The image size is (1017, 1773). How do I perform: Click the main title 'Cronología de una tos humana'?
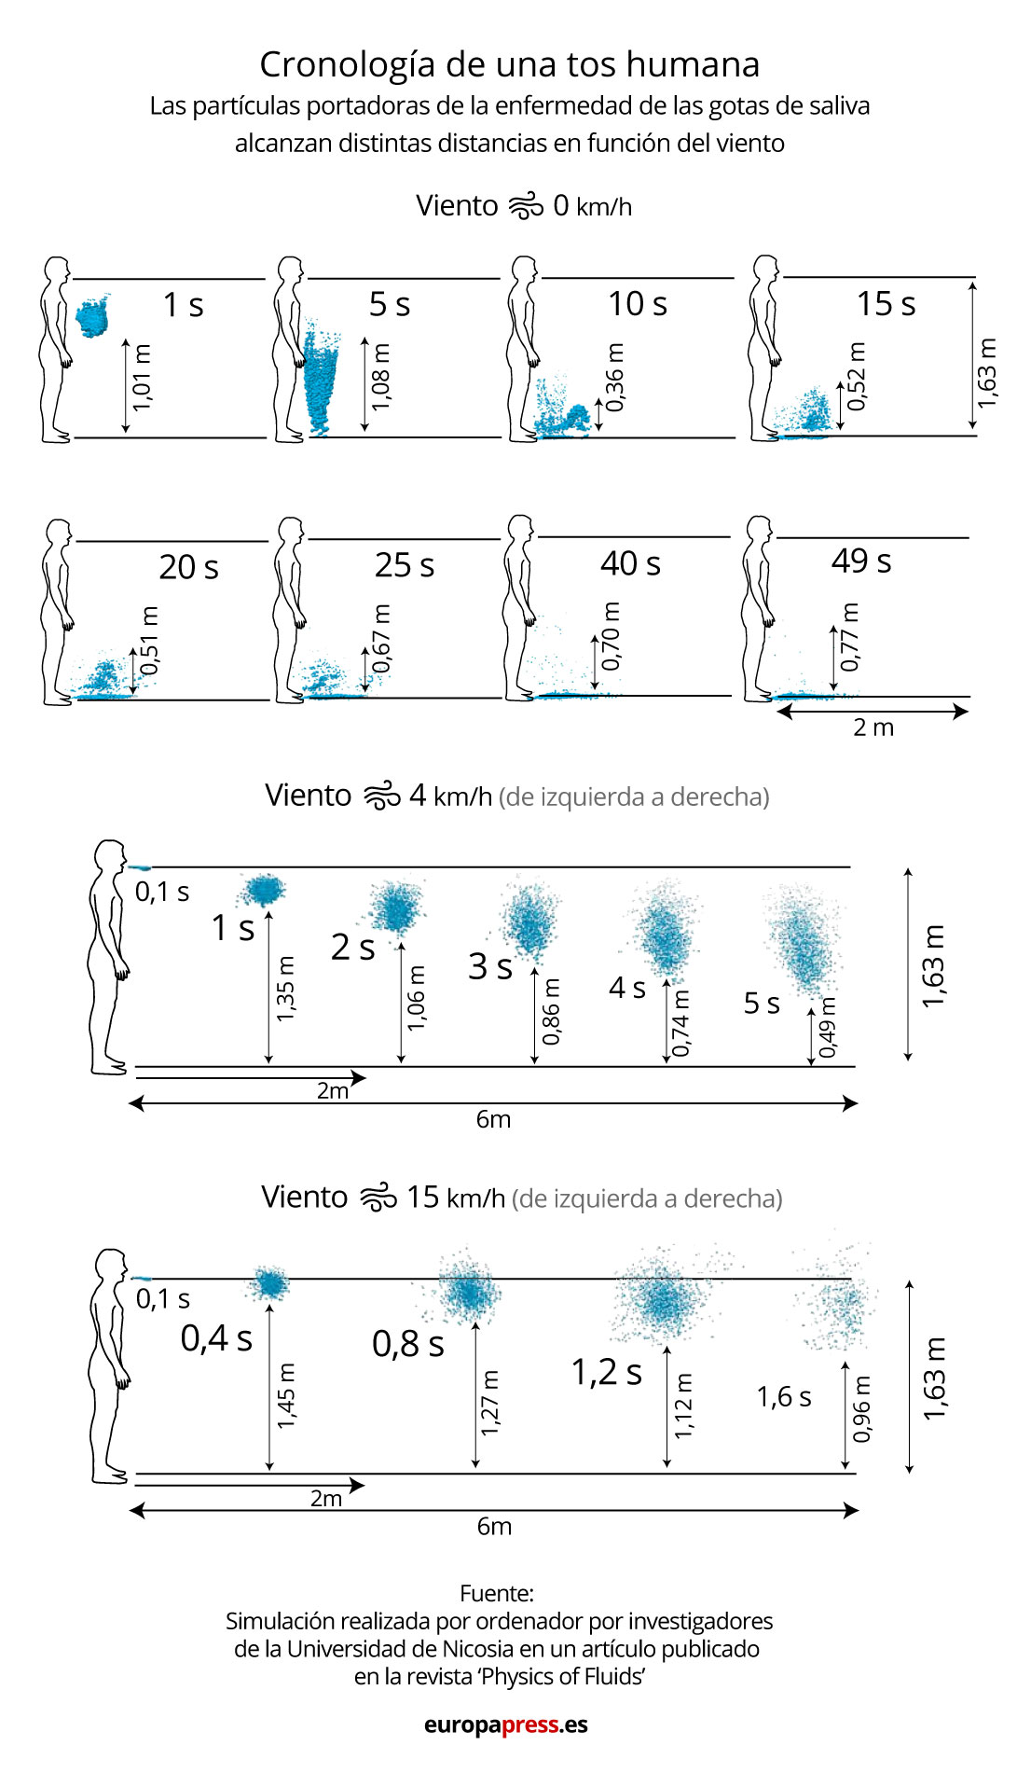click(x=509, y=64)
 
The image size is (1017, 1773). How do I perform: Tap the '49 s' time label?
click(x=861, y=561)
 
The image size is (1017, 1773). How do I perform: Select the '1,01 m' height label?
click(x=142, y=378)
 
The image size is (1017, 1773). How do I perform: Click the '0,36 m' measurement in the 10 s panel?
click(x=614, y=377)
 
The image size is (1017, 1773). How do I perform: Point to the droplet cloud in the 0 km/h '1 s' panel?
click(x=92, y=317)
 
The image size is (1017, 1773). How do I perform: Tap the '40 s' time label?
click(x=630, y=563)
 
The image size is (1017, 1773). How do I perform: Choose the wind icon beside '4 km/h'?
click(x=381, y=796)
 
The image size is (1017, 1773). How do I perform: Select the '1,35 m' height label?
click(x=285, y=988)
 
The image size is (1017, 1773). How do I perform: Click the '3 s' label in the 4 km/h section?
click(x=490, y=966)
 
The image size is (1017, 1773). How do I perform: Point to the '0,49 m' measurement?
click(x=827, y=1028)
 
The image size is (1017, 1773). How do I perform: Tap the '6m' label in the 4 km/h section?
click(x=493, y=1119)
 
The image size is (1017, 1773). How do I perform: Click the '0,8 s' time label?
click(x=408, y=1343)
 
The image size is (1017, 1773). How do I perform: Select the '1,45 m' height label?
click(x=285, y=1395)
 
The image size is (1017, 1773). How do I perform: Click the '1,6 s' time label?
click(x=784, y=1396)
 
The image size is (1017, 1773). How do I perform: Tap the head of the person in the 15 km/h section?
click(x=112, y=1267)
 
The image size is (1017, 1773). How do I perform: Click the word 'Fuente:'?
click(x=497, y=1593)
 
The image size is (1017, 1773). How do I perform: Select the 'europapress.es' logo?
click(x=506, y=1725)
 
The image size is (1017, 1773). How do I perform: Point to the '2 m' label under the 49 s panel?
click(x=873, y=727)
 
